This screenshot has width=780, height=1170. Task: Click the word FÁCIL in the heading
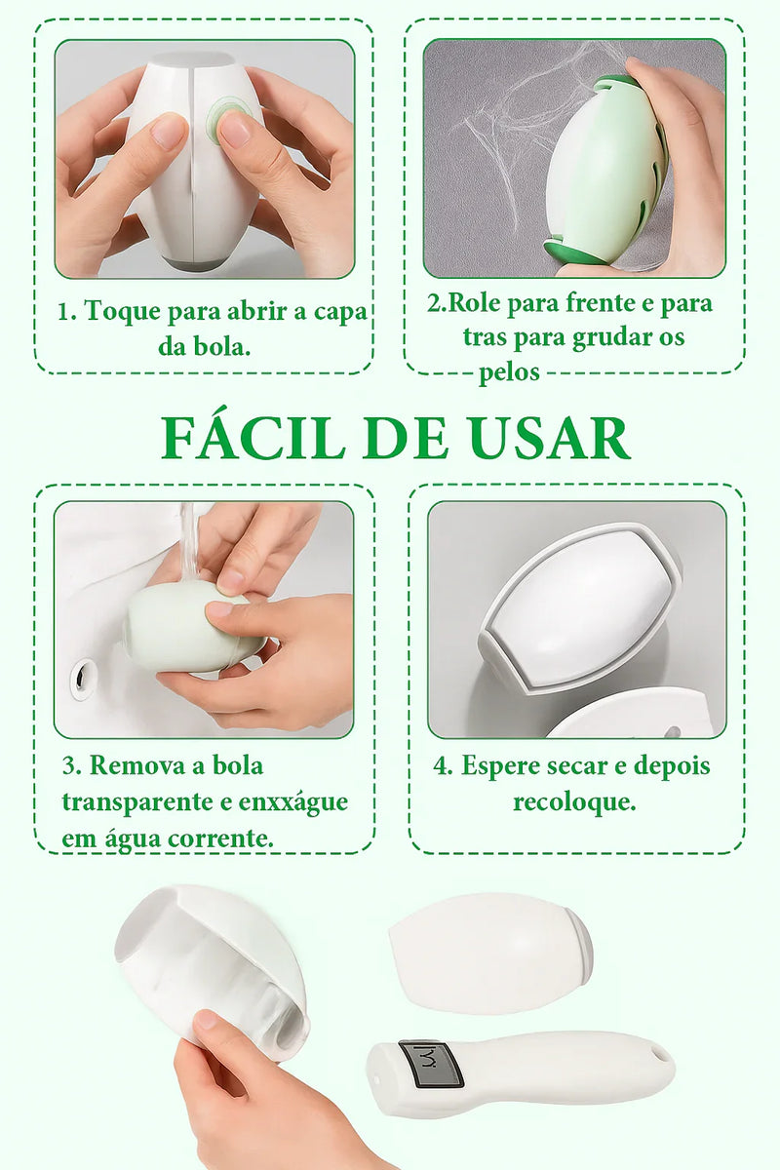253,437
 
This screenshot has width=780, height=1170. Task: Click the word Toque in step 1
122,312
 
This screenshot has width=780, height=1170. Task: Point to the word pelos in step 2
509,372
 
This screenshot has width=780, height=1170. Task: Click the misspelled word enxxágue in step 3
293,802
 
